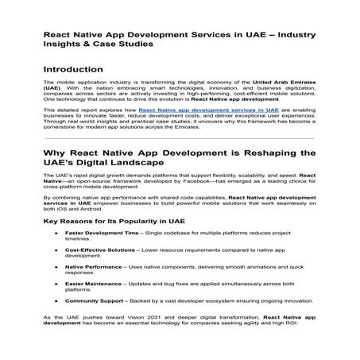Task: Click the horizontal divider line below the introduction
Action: pos(180,137)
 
